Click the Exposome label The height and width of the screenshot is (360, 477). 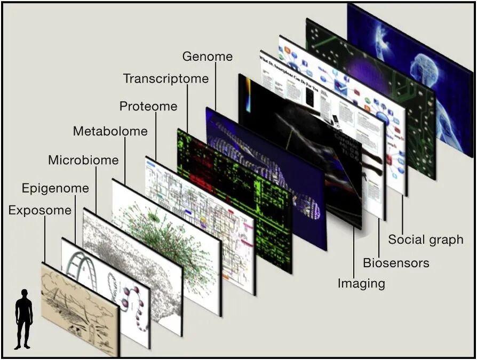(39, 211)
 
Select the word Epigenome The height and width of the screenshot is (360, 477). (55, 188)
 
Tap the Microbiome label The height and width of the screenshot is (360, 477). (83, 160)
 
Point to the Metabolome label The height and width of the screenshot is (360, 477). (110, 131)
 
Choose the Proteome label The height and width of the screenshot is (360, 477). (148, 106)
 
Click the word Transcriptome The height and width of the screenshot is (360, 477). (165, 79)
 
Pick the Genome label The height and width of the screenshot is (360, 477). (207, 56)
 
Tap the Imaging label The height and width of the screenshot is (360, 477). (361, 283)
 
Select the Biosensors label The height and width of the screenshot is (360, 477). (396, 263)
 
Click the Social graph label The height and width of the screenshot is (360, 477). (425, 239)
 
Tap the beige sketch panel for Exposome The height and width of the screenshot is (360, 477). (80, 307)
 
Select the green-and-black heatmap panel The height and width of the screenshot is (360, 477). (235, 197)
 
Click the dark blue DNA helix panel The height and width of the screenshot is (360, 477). (267, 176)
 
